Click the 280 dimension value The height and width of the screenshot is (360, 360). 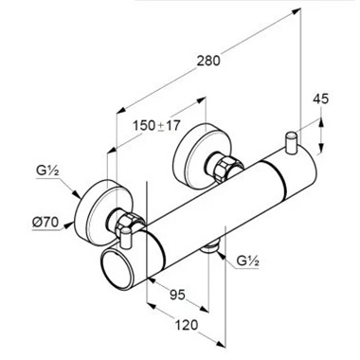(x=208, y=61)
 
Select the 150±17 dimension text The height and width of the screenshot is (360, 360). (x=156, y=126)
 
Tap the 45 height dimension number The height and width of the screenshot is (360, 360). (x=320, y=99)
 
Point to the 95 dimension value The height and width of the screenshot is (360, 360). (x=177, y=296)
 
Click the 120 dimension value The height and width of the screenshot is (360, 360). (x=187, y=325)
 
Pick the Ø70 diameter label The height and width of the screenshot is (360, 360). (x=45, y=223)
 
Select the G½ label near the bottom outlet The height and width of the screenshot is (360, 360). (x=248, y=261)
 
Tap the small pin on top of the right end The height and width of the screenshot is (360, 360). (x=291, y=142)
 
